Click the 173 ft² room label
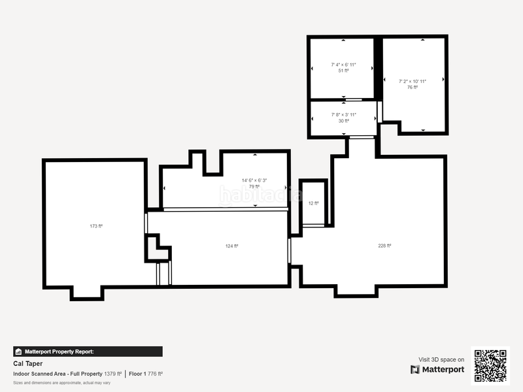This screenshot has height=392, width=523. [96, 226]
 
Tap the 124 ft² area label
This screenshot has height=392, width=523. [231, 246]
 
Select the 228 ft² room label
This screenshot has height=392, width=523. [384, 246]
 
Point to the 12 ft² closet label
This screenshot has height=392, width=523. [314, 203]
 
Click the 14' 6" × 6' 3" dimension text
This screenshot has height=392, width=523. [254, 180]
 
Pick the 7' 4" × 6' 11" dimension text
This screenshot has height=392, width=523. [344, 65]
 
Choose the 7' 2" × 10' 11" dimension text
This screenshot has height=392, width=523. [413, 81]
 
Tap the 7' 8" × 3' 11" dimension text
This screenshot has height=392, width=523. [344, 115]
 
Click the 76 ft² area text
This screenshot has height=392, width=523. [413, 87]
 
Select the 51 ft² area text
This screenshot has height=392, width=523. [344, 71]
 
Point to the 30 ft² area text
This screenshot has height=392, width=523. [344, 121]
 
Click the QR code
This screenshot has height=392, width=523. [490, 365]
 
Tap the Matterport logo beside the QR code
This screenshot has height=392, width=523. [437, 370]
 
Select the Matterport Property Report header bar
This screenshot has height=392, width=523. [88, 351]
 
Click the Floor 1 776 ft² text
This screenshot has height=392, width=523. [145, 374]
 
